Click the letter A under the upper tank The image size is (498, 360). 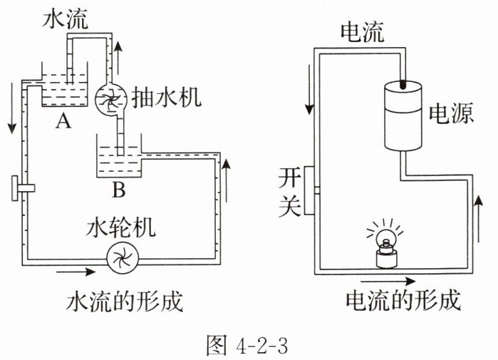[63, 121]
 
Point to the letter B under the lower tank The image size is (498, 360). [119, 190]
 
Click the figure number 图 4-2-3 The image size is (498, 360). [247, 344]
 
